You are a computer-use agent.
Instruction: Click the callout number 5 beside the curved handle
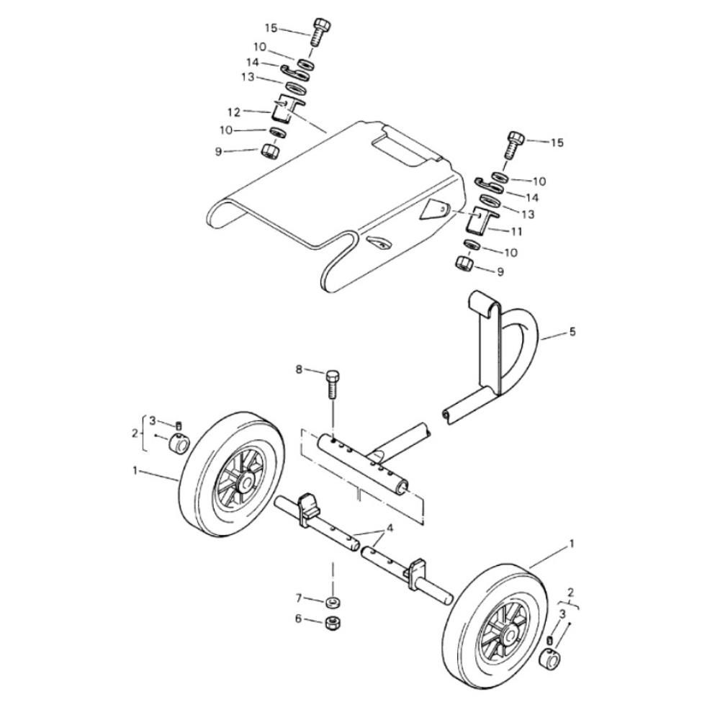tap(572, 331)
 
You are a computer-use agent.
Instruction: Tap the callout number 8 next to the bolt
tap(299, 369)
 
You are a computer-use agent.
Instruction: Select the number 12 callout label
tap(234, 112)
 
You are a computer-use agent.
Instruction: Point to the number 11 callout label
tap(517, 232)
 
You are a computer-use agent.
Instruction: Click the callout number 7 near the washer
tap(299, 598)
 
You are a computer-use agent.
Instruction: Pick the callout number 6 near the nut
tap(299, 619)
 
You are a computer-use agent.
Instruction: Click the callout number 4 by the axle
tap(390, 528)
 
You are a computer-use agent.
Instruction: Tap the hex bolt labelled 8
tap(332, 384)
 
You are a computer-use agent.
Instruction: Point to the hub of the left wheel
tap(246, 482)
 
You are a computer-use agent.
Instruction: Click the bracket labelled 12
tap(286, 109)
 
